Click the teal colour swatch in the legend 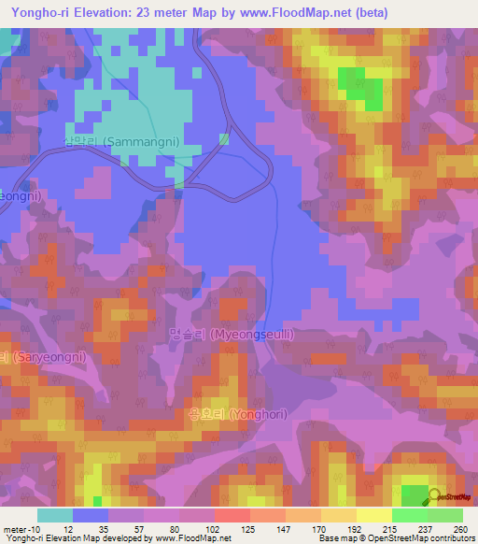tap(55, 515)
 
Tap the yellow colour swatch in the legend tap(373, 515)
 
